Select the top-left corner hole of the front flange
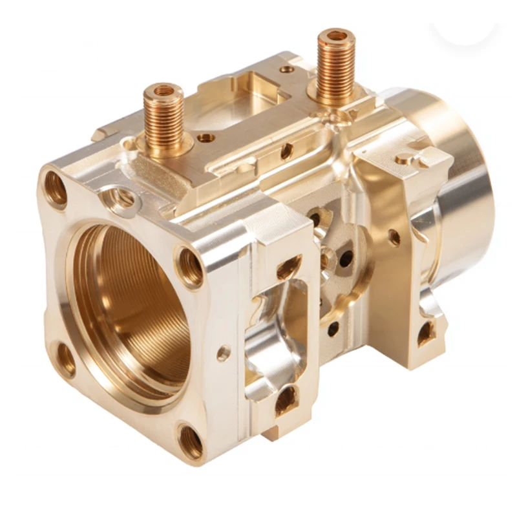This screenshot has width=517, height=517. [x=56, y=188]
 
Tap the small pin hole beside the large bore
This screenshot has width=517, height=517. [x=224, y=353]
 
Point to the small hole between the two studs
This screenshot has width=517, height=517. [x=206, y=138]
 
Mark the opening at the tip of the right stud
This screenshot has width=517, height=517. [x=336, y=36]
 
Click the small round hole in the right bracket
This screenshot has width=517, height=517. [x=394, y=238]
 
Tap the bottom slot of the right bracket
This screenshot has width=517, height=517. [x=425, y=333]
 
